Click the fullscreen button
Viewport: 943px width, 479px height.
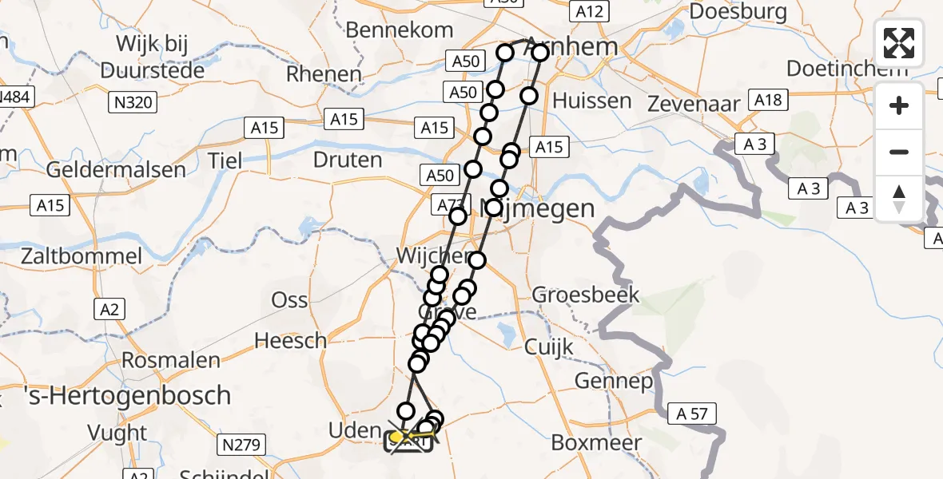[x=899, y=43]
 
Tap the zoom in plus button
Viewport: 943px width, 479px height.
[x=899, y=105]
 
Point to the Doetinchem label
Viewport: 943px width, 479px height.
[x=847, y=68]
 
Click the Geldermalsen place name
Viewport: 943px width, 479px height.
[x=116, y=169]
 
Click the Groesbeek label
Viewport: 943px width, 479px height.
[x=586, y=295]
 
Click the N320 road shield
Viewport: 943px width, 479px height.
[x=134, y=102]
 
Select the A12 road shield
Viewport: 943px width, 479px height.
[x=589, y=10]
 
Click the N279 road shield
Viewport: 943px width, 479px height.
[x=241, y=445]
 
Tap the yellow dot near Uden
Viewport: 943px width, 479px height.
[x=396, y=437]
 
